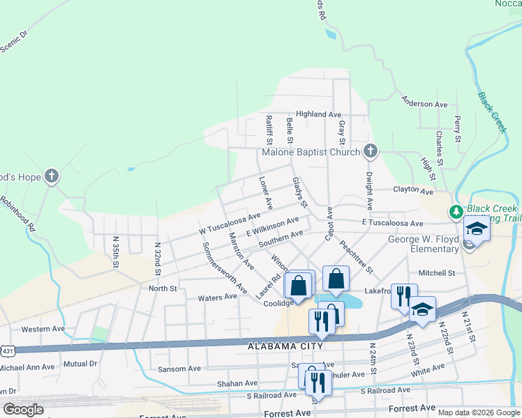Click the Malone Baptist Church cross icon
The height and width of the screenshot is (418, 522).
(x=371, y=151)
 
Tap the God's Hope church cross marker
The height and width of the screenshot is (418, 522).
(x=51, y=177)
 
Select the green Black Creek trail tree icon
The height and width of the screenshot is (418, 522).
(x=456, y=211)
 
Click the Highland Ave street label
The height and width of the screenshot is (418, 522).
(x=318, y=114)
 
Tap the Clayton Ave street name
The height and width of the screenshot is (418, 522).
(x=413, y=190)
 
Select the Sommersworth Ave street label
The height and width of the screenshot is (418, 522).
(x=224, y=268)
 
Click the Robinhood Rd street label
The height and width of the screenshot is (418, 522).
(x=19, y=213)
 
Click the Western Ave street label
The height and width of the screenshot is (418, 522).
(x=43, y=329)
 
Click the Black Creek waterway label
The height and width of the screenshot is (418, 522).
(x=493, y=112)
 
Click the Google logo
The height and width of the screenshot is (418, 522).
(x=23, y=410)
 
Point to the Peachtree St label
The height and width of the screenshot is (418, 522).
(x=357, y=258)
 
